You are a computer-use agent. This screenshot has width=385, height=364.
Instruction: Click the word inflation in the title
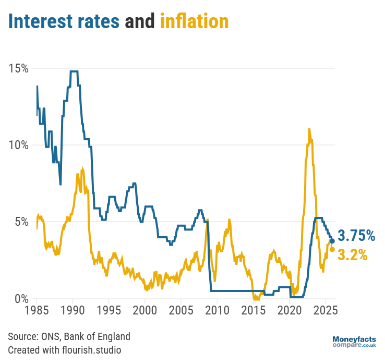(x=194, y=21)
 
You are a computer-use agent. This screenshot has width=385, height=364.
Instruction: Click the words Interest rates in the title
(x=64, y=21)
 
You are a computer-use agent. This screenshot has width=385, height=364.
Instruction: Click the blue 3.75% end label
(x=357, y=236)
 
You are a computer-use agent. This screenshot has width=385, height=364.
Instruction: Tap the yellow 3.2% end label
(x=353, y=255)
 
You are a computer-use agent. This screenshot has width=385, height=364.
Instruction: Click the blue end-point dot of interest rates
(x=332, y=241)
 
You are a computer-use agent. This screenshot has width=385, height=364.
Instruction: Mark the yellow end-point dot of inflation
(x=332, y=249)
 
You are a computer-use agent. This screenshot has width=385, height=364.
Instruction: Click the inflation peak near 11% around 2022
(x=309, y=129)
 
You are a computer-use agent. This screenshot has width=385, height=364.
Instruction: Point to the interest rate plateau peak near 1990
(x=74, y=71)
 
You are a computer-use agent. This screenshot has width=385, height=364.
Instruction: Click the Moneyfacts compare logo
(x=354, y=342)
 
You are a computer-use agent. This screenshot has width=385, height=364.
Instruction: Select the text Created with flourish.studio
(x=64, y=349)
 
